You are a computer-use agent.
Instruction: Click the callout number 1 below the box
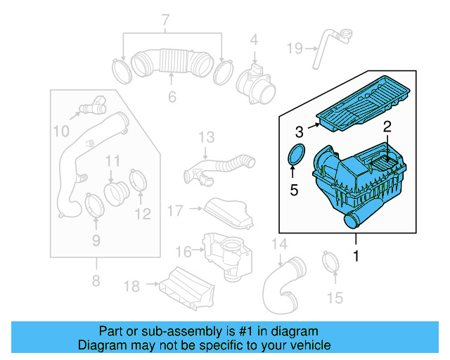356,257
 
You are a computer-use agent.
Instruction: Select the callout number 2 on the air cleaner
386,127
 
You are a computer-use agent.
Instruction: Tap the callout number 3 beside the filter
299,131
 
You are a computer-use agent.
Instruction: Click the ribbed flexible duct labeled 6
172,62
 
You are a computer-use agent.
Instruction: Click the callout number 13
205,136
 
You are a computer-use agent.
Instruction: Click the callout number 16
183,252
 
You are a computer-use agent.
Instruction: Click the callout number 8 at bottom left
96,283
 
